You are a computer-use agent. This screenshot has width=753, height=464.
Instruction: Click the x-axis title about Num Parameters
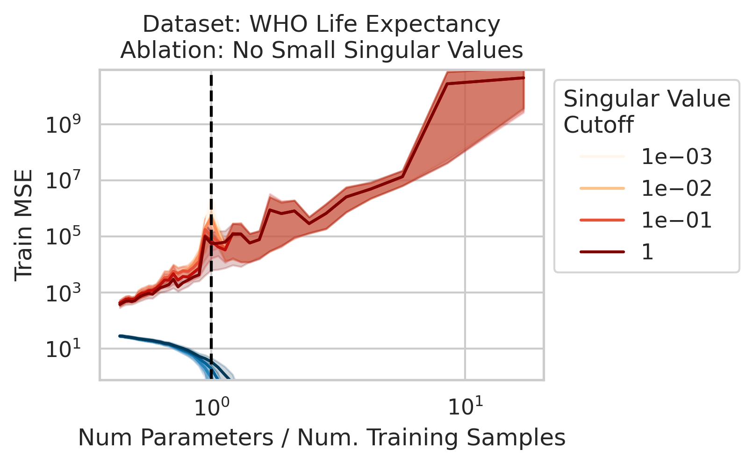click(x=322, y=438)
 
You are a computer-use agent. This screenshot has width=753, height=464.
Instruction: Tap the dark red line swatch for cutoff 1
click(x=602, y=252)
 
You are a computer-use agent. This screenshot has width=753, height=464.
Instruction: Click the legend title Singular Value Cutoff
click(x=646, y=112)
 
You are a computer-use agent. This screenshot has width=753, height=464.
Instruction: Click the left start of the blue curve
click(x=120, y=336)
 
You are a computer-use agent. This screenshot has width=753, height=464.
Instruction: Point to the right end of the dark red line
click(x=524, y=78)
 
